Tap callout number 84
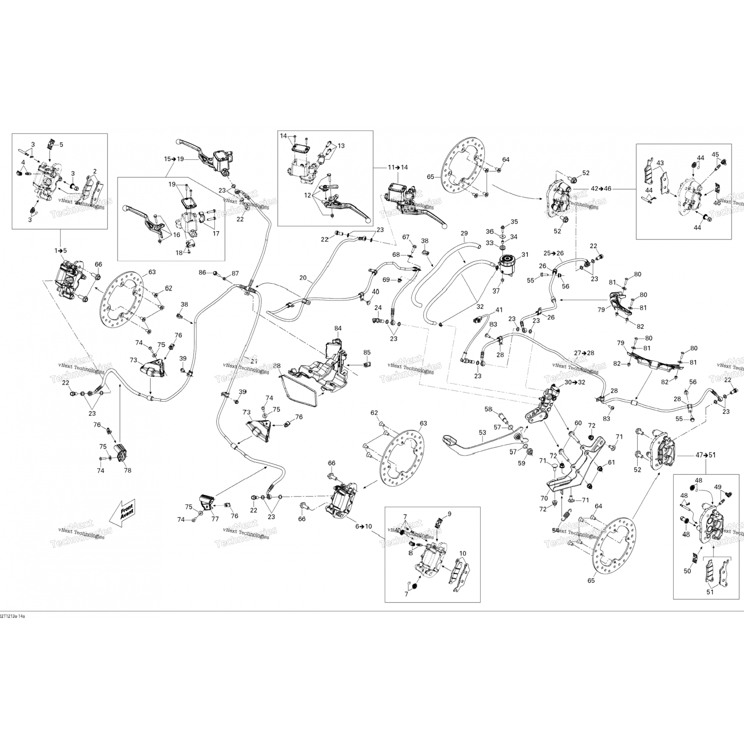(x=338, y=328)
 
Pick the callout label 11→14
(x=398, y=167)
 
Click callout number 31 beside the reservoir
(x=525, y=255)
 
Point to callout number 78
(x=127, y=470)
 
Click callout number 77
(x=215, y=519)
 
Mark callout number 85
(x=367, y=353)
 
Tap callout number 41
(x=499, y=310)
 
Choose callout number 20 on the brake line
(x=303, y=278)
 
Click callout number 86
(x=202, y=273)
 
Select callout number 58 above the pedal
(x=489, y=409)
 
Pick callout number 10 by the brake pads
(x=463, y=554)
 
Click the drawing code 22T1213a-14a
(x=12, y=616)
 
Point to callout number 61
(x=612, y=462)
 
